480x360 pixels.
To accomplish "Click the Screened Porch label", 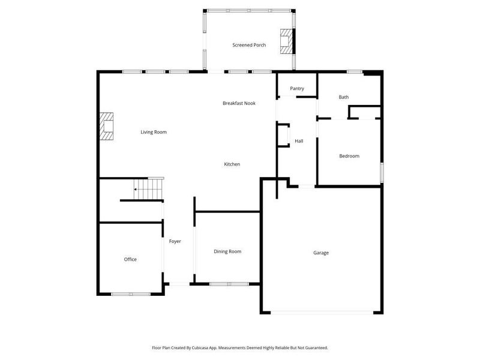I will coord(249,45).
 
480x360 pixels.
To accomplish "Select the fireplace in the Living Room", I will coord(107,127).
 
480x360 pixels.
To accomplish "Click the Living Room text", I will coord(154,132).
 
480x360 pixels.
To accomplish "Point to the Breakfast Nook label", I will coord(239,103).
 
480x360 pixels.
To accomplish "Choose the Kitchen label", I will coord(232,164).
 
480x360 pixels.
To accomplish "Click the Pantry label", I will coord(297,89).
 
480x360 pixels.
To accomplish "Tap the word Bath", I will coord(343,97).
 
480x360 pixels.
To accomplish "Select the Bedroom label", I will coord(349,156).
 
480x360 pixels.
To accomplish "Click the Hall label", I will coord(299,141).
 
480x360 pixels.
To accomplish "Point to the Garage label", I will coord(321,253).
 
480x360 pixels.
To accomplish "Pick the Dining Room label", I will coord(227,251).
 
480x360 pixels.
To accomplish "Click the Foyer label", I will coord(175,241).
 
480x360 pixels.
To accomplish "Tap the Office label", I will coord(130,259).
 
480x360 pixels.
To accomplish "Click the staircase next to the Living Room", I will coord(149,188).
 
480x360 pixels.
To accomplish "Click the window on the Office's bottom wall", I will coord(131,293).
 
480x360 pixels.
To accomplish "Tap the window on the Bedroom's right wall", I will coord(381,172).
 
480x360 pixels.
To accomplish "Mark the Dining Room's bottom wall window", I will coord(229,283).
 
